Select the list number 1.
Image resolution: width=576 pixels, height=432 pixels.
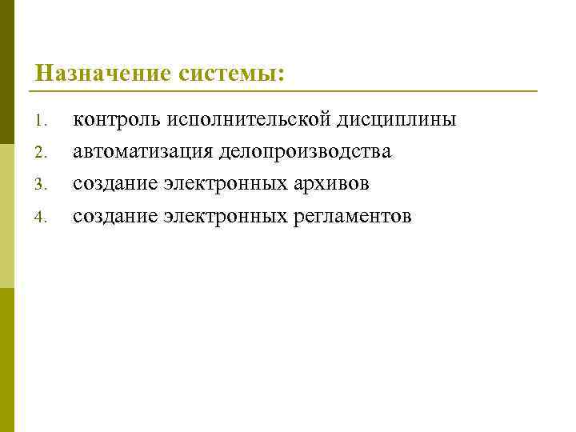(42, 122)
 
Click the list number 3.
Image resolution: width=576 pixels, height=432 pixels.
(42, 185)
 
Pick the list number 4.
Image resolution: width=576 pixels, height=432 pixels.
(42, 217)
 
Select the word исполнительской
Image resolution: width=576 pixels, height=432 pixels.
(249, 120)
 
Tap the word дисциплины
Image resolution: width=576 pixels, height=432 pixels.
(397, 120)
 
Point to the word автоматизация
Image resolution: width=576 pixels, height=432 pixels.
(144, 152)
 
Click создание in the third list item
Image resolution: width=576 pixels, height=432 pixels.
(115, 184)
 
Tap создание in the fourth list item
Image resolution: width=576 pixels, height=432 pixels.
(115, 216)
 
